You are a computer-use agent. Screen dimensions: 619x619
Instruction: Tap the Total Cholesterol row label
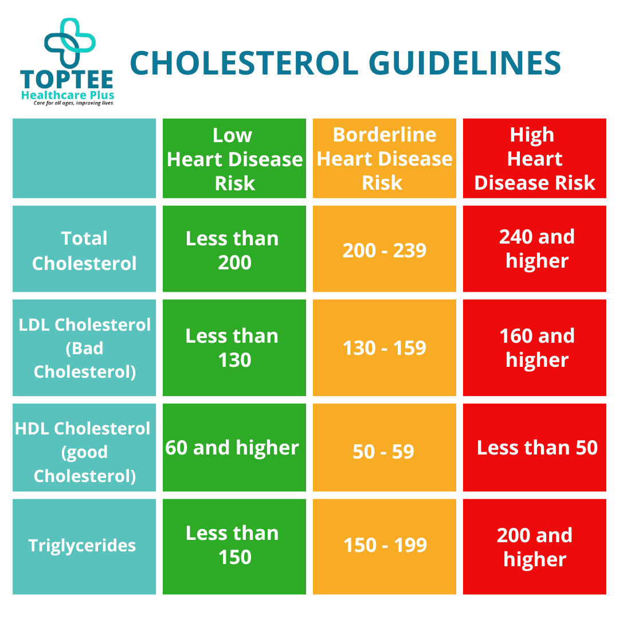point(84,250)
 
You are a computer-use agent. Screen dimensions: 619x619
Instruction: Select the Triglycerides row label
point(83,545)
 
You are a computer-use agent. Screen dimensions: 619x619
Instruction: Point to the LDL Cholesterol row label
point(84,348)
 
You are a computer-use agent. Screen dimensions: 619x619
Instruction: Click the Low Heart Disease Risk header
point(234,159)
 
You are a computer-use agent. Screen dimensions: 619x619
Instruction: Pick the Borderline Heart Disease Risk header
point(385,159)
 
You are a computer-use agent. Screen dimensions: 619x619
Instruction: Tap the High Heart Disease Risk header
point(534,159)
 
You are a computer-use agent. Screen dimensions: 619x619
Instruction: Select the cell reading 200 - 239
point(385,250)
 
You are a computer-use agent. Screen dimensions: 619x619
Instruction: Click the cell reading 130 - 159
point(385,348)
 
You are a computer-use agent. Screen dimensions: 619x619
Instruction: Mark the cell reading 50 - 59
point(383,452)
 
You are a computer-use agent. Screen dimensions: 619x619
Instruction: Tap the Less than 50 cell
point(537,448)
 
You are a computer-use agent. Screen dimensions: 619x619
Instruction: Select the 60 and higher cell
point(232,448)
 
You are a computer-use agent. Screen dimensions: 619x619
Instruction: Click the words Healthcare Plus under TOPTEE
point(68,95)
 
